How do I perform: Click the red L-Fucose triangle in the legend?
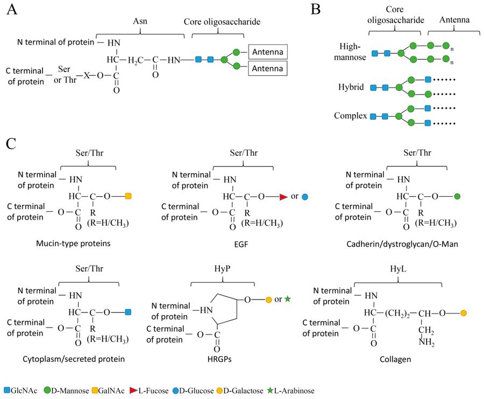(x=161, y=391)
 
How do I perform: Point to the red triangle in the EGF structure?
(x=284, y=197)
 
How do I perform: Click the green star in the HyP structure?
(x=288, y=298)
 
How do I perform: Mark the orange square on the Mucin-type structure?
(x=128, y=197)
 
